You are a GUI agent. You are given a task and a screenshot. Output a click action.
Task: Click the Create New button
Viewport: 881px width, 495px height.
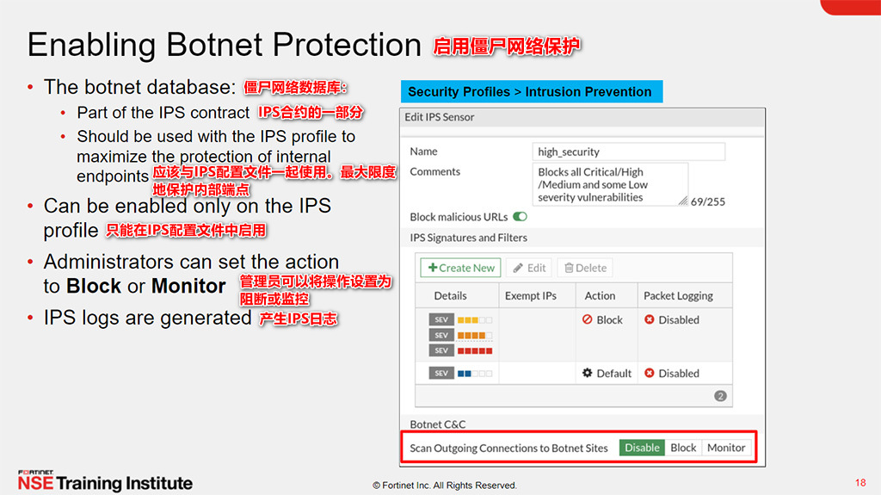[460, 268]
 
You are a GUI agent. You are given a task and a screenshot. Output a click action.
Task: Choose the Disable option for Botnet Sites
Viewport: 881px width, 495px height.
[642, 448]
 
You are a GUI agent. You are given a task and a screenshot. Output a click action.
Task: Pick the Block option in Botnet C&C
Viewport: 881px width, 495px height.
[683, 448]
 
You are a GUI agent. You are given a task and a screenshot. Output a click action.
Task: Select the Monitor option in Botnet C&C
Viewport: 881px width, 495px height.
[726, 448]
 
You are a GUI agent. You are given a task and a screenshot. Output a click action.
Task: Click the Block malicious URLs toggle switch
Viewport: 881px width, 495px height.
[520, 217]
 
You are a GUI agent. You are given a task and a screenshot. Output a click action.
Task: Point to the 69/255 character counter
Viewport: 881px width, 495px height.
[708, 201]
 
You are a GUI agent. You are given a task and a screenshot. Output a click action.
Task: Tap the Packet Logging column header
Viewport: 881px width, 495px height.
[678, 295]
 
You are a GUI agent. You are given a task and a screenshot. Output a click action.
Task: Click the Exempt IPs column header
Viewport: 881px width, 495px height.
[531, 295]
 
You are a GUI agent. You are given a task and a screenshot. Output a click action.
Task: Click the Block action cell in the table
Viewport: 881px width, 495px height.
[602, 319]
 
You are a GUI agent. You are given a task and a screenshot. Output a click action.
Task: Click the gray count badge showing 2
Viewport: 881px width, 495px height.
[720, 396]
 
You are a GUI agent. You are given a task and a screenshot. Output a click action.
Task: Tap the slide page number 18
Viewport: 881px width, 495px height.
[860, 482]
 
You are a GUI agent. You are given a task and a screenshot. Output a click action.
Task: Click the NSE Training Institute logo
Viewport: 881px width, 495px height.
[105, 482]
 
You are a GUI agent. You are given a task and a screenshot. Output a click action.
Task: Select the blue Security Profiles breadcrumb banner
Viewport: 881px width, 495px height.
[530, 92]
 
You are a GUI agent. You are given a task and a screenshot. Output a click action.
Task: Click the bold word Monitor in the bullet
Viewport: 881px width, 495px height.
[188, 286]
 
